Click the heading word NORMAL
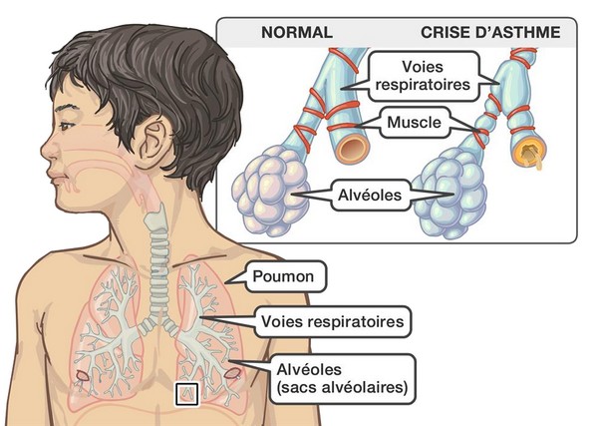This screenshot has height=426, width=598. (x=297, y=33)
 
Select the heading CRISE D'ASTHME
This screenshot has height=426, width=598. (x=490, y=33)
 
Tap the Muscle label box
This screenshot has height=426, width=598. (x=415, y=123)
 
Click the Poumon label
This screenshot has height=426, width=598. (x=283, y=276)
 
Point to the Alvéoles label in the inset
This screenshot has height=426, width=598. (x=370, y=196)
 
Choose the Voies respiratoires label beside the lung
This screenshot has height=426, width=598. (x=333, y=321)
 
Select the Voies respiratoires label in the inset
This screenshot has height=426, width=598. (x=423, y=76)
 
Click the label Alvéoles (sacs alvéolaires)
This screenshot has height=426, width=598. (x=342, y=379)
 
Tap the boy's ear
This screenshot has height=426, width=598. (x=153, y=140)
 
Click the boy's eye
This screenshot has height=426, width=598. (x=66, y=125)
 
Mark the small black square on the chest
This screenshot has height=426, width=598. (x=186, y=394)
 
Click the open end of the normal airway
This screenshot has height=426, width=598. (x=354, y=149)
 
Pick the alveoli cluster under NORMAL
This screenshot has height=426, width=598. (x=270, y=192)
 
